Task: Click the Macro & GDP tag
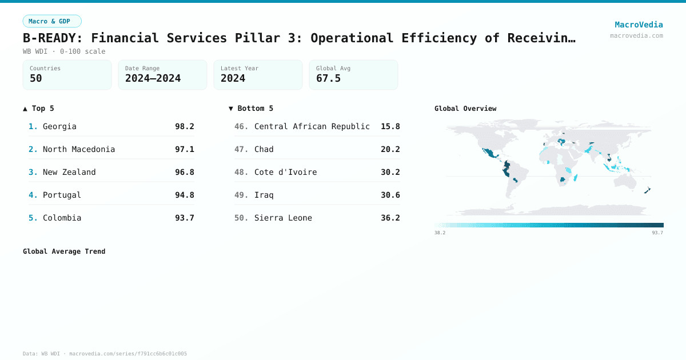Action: point(52,21)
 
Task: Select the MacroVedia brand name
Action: point(639,25)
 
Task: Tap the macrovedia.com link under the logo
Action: point(636,35)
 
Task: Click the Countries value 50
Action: point(36,78)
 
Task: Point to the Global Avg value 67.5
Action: point(328,78)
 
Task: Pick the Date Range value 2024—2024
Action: point(153,78)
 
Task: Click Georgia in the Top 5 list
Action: point(59,126)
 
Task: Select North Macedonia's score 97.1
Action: point(185,149)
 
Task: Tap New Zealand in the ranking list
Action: point(69,172)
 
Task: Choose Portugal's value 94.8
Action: point(185,195)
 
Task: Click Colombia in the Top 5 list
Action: point(62,218)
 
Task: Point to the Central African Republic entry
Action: point(312,126)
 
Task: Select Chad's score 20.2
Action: point(390,149)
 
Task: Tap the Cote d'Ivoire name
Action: point(285,172)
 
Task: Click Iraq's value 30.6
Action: point(390,195)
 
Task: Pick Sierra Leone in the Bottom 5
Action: point(283,218)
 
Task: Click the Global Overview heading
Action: point(465,109)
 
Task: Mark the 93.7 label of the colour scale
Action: point(657,233)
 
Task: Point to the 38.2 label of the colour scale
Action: point(440,233)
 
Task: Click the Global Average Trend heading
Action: point(64,251)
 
